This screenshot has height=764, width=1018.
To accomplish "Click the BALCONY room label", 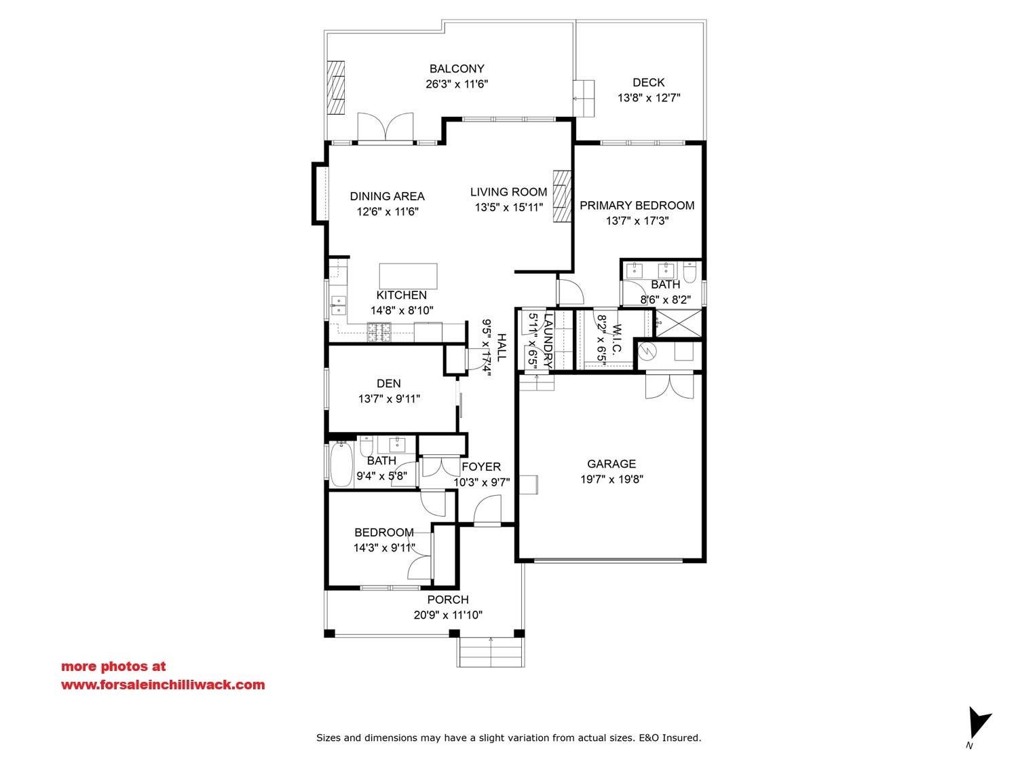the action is [x=456, y=69].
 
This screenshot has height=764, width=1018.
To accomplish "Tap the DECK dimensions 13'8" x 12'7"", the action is [x=648, y=98].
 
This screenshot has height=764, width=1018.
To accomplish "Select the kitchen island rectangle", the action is [x=408, y=276].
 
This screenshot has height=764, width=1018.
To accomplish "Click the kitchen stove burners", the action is [x=379, y=331].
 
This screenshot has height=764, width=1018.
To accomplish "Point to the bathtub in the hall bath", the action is [x=341, y=463].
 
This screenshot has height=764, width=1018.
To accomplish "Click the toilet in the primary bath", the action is [x=690, y=272].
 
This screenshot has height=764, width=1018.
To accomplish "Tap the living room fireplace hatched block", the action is [x=562, y=196].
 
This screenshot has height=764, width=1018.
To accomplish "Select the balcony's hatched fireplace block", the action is [x=336, y=88].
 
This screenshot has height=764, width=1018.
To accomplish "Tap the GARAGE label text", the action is [x=611, y=464].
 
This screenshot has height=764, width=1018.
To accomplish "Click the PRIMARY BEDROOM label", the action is [x=637, y=206].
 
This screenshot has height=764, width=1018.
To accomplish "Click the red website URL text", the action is [x=163, y=685].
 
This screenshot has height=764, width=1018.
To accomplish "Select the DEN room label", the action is [x=389, y=384].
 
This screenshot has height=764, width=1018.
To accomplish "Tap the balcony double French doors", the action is [x=385, y=127].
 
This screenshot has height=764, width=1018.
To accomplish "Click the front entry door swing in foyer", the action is [x=487, y=510].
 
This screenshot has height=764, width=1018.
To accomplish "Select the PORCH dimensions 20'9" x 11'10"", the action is [x=448, y=615].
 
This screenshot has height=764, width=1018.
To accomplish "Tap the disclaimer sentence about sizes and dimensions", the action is [x=509, y=737].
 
